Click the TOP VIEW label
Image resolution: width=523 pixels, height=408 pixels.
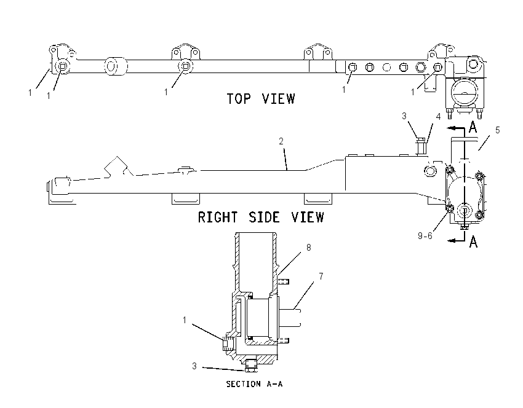tap(261, 99)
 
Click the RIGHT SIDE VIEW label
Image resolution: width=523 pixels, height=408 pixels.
tap(261, 217)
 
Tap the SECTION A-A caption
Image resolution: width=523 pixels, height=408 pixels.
tap(254, 384)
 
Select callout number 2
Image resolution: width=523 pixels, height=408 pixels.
tap(281, 141)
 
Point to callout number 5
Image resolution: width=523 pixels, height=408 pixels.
tap(497, 130)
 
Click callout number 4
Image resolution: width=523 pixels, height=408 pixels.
tap(438, 116)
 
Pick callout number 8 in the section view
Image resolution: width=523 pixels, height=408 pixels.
tap(308, 248)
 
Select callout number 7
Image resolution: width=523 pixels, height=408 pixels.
tap(321, 276)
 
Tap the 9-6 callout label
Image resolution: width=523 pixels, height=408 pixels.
tap(425, 236)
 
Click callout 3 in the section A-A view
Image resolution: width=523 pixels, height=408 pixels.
tap(194, 366)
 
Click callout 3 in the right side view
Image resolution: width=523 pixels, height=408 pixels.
tap(404, 116)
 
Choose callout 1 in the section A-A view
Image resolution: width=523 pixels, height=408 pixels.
tap(185, 320)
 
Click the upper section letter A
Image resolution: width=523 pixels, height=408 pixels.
tap(473, 127)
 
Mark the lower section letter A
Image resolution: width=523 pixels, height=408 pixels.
tap(473, 241)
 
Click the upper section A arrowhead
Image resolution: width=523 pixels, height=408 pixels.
tap(450, 128)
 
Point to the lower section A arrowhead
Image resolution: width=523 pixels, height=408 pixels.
tap(450, 240)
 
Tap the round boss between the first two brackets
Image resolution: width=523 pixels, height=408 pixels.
tap(116, 66)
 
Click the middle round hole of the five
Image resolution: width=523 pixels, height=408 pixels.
tap(386, 68)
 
